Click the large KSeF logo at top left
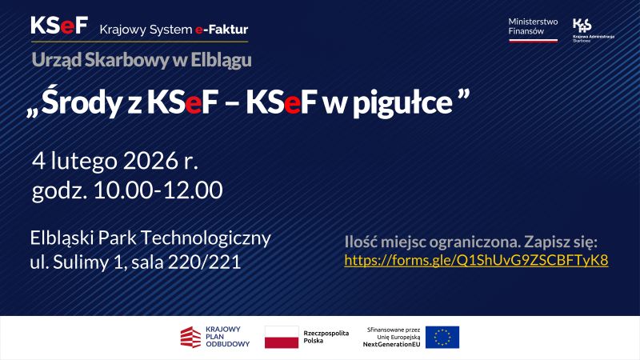(58, 26)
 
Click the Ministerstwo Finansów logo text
(533, 26)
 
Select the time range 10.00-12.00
(158, 190)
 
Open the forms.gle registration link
(476, 260)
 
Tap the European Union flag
(442, 337)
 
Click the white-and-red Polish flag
(281, 337)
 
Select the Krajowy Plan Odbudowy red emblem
(189, 337)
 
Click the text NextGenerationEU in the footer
(391, 344)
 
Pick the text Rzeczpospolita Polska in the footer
(326, 337)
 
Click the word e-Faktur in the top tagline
(221, 30)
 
